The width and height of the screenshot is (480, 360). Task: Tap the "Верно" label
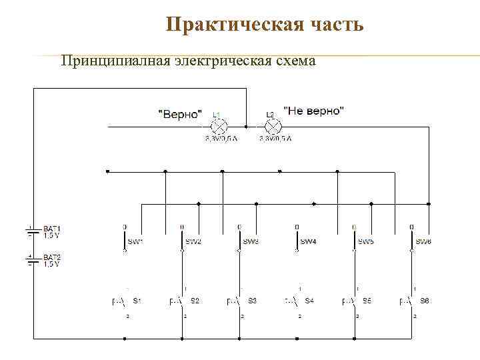[179, 113]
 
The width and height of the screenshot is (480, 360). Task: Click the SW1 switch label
[136, 241]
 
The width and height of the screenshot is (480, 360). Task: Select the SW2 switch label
[193, 241]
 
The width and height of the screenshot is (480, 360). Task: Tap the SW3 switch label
[251, 241]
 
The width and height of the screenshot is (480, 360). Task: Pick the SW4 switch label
[309, 241]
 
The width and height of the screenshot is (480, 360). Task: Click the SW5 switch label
[366, 241]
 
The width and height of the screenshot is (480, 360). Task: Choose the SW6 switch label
[423, 241]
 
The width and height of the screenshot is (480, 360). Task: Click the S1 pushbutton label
[137, 301]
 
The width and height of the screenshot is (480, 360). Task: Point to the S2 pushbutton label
[195, 301]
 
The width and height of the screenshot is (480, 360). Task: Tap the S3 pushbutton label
[252, 301]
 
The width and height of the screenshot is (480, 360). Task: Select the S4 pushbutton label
[309, 301]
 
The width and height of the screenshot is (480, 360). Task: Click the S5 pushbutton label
[367, 301]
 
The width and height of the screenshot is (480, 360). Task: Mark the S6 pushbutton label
[425, 301]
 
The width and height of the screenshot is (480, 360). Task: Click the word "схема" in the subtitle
[293, 61]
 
